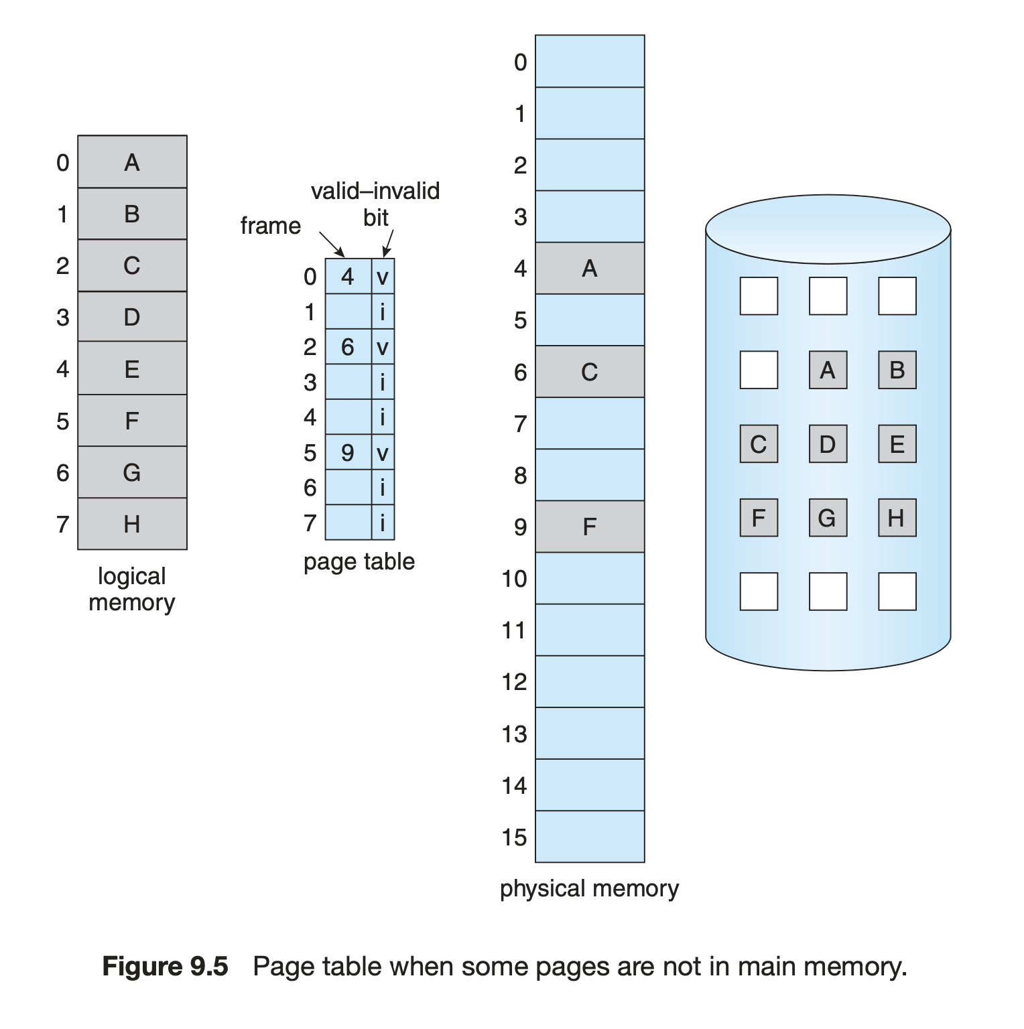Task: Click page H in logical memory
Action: [x=132, y=524]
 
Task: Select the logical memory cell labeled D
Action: [x=132, y=317]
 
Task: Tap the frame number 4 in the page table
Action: [x=347, y=276]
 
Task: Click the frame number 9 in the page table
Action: [x=347, y=453]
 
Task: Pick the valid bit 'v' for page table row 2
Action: [x=383, y=347]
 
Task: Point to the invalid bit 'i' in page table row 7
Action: [x=383, y=523]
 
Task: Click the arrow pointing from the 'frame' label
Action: [x=332, y=245]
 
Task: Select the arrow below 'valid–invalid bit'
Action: [x=388, y=243]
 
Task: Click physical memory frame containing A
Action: [x=590, y=268]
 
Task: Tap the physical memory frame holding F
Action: [x=590, y=527]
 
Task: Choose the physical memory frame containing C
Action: [x=590, y=372]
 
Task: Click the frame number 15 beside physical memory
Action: [x=514, y=837]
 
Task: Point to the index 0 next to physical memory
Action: [x=521, y=62]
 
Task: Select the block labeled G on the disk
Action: [x=828, y=518]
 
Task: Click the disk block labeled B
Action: [x=897, y=370]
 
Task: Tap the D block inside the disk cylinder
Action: [x=828, y=443]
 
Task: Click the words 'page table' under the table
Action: [x=359, y=561]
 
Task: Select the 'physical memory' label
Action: [x=590, y=888]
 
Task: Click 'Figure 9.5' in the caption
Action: [x=165, y=967]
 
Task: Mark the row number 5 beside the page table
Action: [x=310, y=453]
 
